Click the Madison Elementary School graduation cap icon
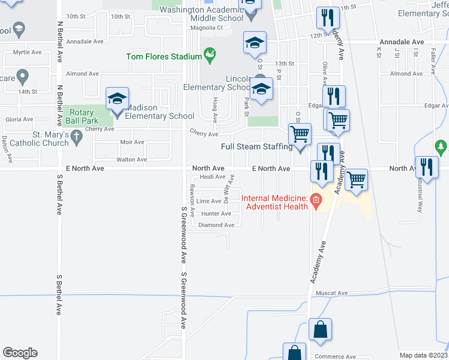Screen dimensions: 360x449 [x=117, y=98]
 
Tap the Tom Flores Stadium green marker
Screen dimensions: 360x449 [x=209, y=56]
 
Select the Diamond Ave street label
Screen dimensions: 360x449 [x=216, y=225]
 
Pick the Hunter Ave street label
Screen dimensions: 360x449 [x=216, y=214]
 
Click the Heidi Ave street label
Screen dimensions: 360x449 [x=212, y=177]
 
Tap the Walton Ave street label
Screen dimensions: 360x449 [x=131, y=160]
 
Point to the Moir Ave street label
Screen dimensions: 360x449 [x=131, y=142]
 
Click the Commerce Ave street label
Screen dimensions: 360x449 [x=336, y=356]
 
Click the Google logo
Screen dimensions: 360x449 [x=20, y=353]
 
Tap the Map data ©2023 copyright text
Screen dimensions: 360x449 [x=423, y=355]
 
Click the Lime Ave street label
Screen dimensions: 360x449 [x=209, y=202]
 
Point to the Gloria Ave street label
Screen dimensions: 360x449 [x=16, y=119]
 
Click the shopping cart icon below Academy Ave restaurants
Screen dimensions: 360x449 [x=357, y=179]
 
